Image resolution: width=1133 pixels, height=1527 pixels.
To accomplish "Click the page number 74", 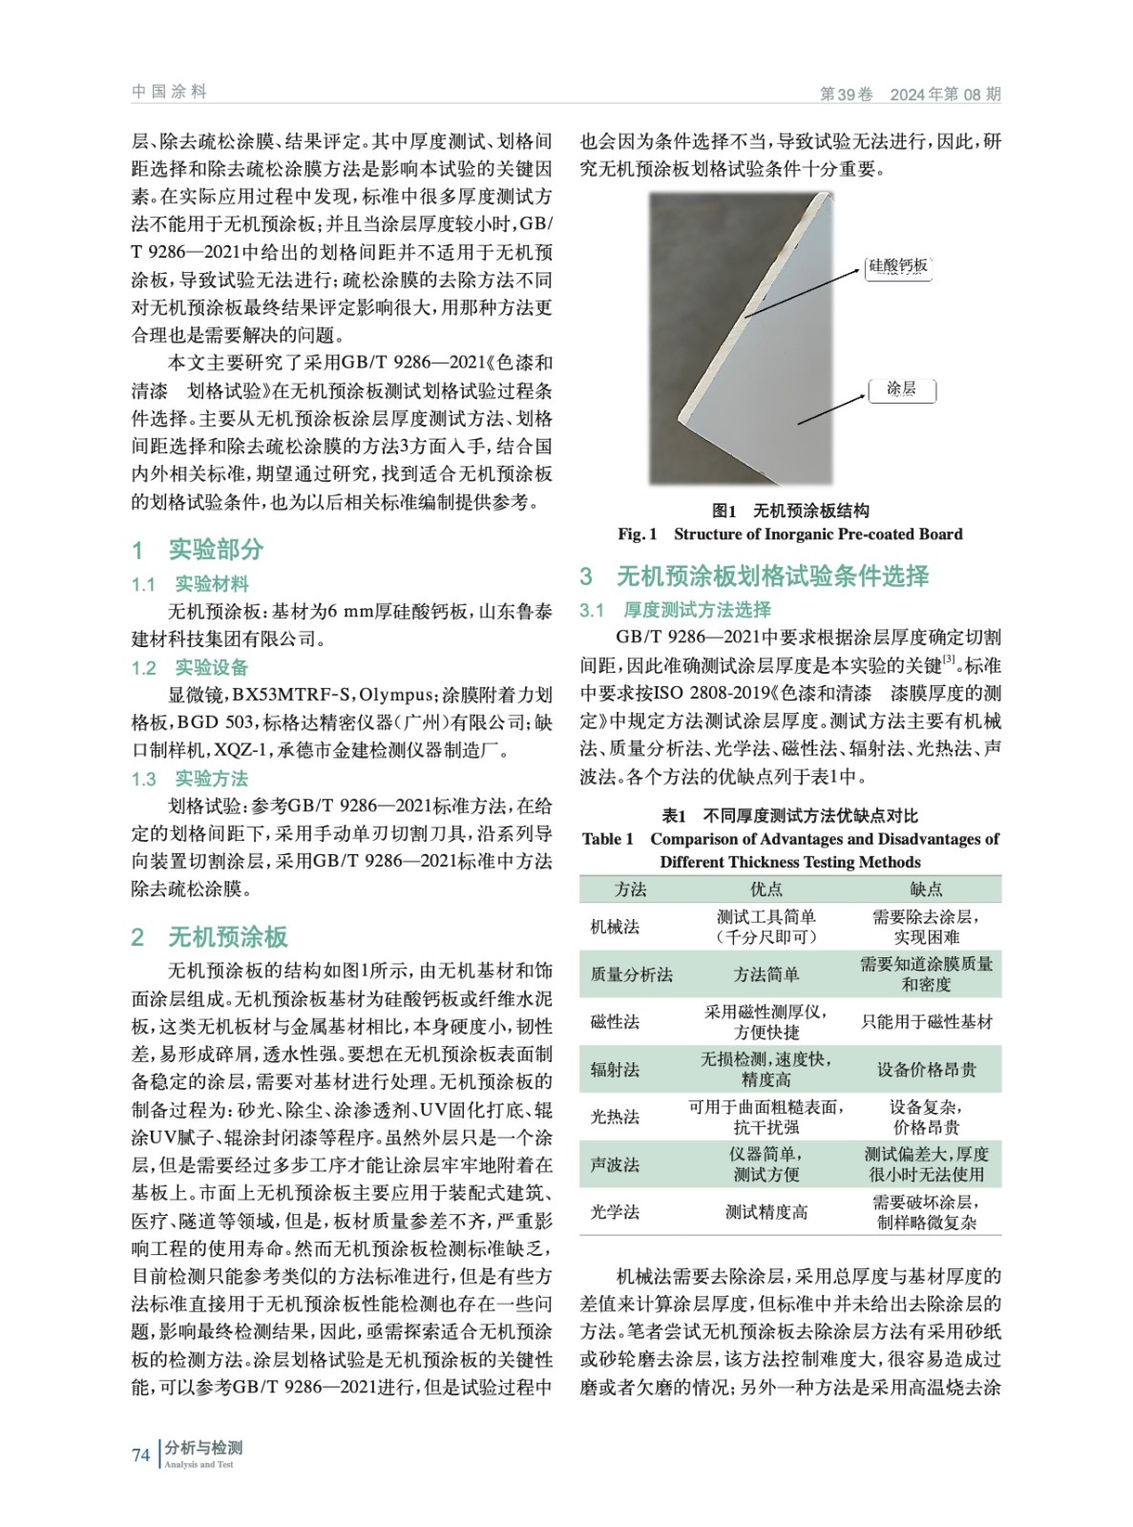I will (x=140, y=1454).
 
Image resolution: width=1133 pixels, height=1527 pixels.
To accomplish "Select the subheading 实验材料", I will (x=211, y=584).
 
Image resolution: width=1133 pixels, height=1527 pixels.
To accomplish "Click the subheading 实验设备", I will (x=211, y=667).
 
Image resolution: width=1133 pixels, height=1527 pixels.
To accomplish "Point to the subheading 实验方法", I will (x=211, y=779).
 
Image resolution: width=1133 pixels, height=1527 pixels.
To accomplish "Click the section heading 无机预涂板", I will (x=227, y=936).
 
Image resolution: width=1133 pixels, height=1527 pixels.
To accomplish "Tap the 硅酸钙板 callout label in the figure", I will (x=898, y=266).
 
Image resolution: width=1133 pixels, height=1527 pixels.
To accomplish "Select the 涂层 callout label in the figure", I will (x=901, y=389).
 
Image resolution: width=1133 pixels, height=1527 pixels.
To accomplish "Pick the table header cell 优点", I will (x=766, y=889).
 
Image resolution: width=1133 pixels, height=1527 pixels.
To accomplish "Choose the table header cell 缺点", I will (x=925, y=889).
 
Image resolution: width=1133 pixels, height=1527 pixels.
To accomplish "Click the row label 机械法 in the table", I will (x=615, y=927).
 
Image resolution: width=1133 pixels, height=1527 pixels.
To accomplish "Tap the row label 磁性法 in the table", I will (x=615, y=1022).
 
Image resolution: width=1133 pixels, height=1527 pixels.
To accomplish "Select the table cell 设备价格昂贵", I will (x=926, y=1070).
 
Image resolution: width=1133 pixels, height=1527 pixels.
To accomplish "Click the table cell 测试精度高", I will (x=766, y=1212).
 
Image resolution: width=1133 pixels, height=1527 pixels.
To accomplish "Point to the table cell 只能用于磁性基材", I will (x=926, y=1022).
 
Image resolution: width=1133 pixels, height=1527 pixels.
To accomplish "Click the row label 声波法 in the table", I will (x=615, y=1164).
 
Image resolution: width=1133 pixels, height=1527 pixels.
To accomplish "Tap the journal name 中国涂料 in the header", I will (x=169, y=92).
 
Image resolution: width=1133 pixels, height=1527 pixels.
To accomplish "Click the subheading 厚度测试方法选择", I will (x=697, y=610).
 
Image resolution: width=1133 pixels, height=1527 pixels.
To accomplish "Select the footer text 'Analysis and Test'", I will (x=199, y=1464).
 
